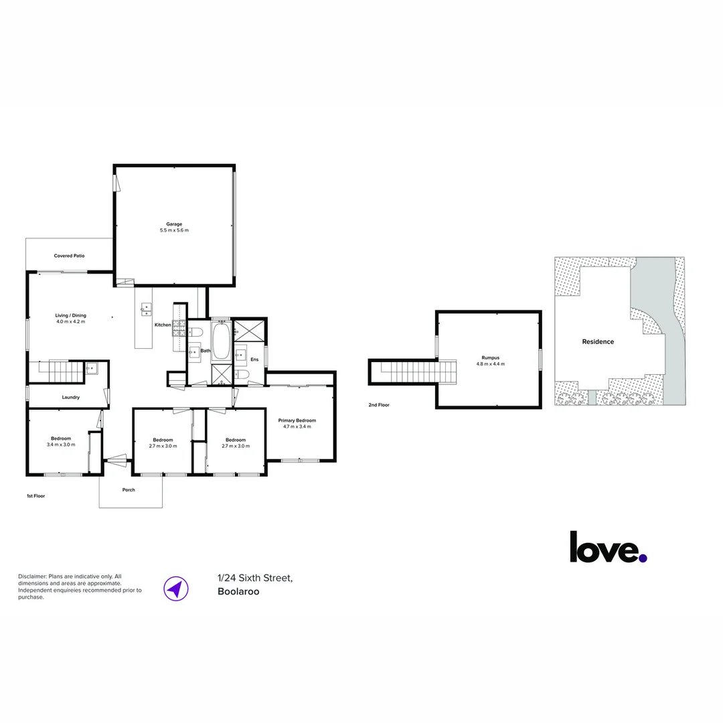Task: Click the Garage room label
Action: click(x=174, y=224)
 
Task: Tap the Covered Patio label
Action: click(x=69, y=256)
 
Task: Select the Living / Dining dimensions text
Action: click(x=70, y=321)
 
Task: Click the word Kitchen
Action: click(x=163, y=325)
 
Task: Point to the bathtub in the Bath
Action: click(x=222, y=341)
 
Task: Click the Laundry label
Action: click(x=70, y=397)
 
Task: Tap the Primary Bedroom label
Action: click(x=297, y=420)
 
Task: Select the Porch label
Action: click(x=129, y=489)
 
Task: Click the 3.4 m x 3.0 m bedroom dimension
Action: click(x=61, y=445)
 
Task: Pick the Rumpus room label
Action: click(x=491, y=357)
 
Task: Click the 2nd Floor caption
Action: click(x=379, y=405)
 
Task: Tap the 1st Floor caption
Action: click(x=36, y=496)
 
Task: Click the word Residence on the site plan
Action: click(x=598, y=341)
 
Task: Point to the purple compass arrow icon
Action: click(x=176, y=589)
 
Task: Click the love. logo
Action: click(x=608, y=548)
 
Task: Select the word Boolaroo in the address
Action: click(x=238, y=592)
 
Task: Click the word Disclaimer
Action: click(x=32, y=576)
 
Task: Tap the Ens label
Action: click(x=254, y=359)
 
